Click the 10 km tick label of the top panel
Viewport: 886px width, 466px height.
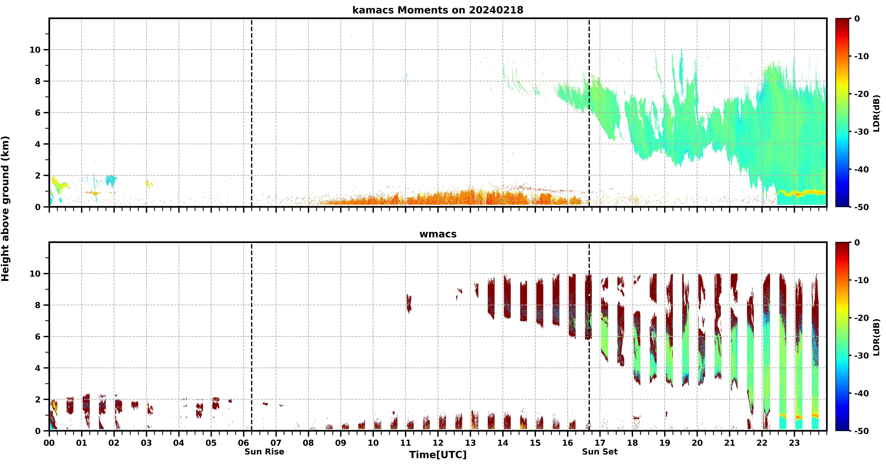coord(35,50)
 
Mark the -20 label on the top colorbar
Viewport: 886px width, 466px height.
coord(862,94)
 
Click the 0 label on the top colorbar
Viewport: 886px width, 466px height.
coord(857,19)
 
